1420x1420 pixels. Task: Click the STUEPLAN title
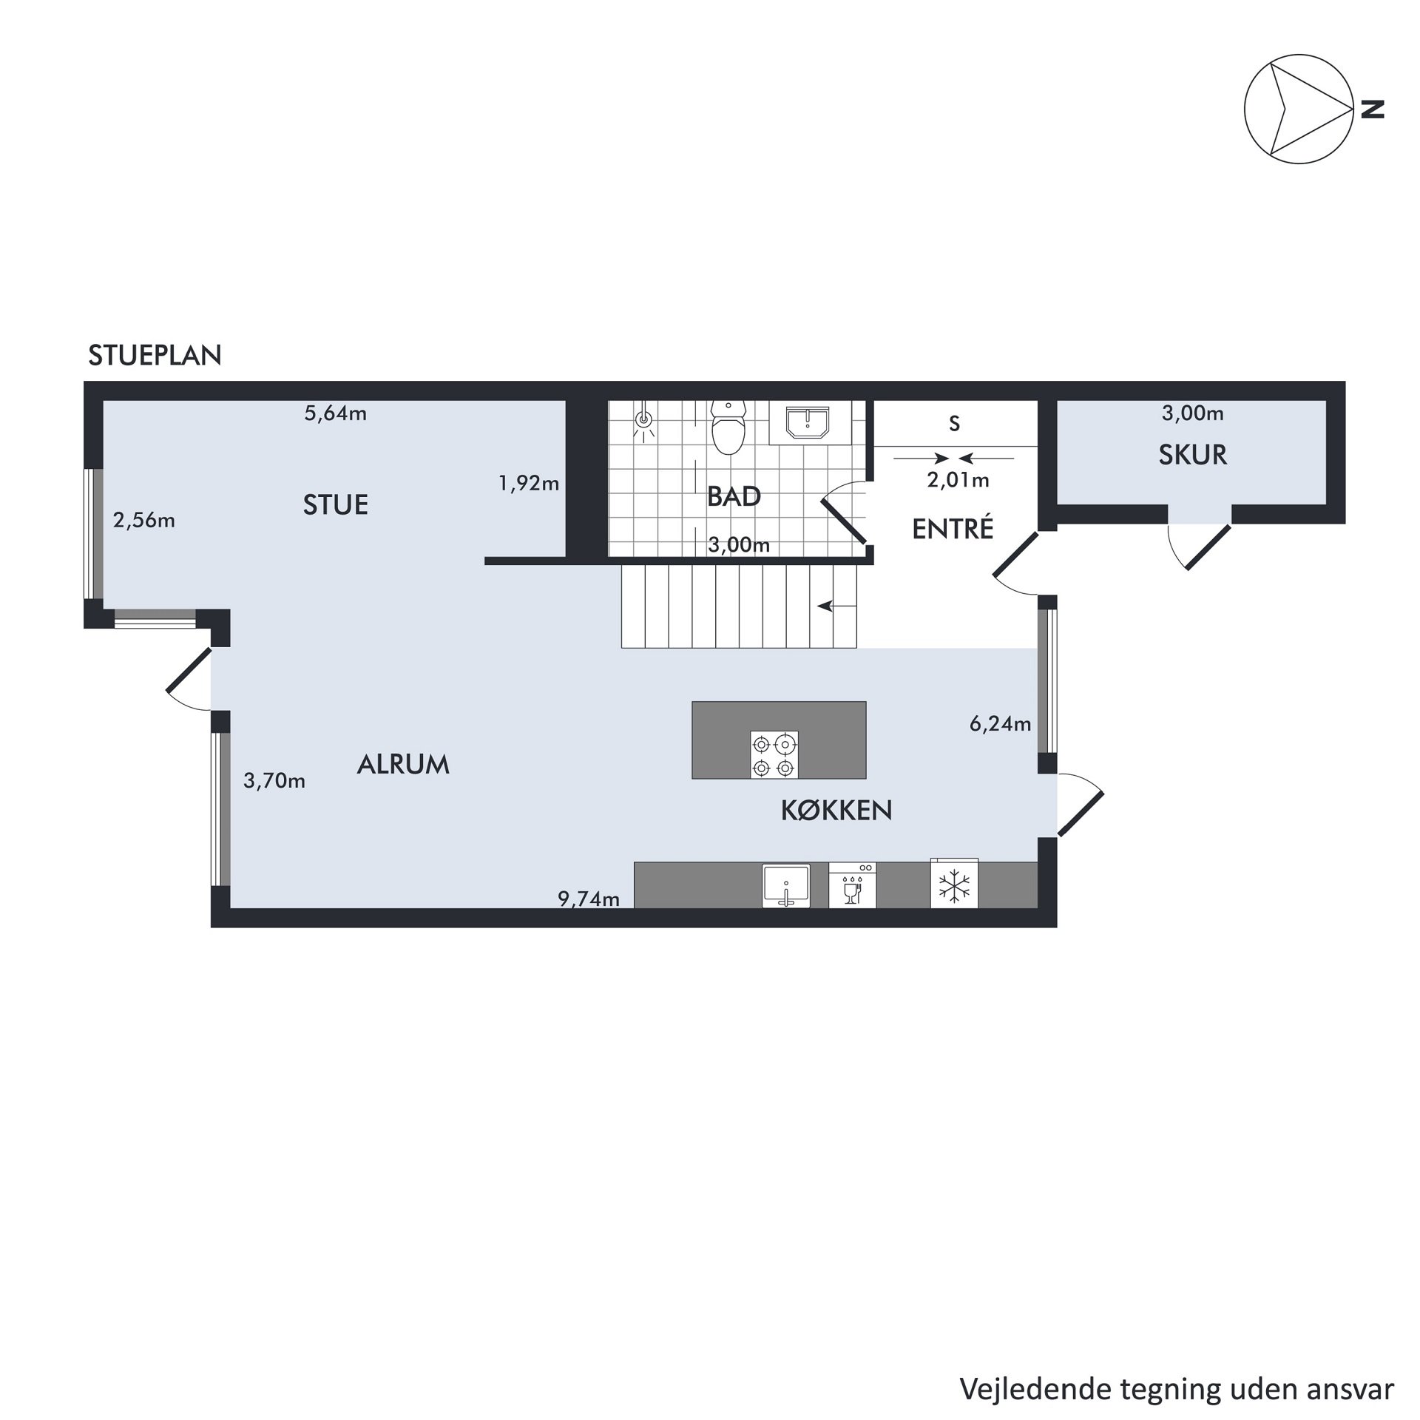pyautogui.click(x=155, y=356)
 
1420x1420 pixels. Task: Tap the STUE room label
pyautogui.click(x=336, y=505)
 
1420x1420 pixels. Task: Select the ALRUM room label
pyautogui.click(x=403, y=764)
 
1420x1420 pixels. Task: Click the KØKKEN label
pyautogui.click(x=836, y=811)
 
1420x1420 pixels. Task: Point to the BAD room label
pyautogui.click(x=734, y=496)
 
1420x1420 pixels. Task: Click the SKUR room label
pyautogui.click(x=1192, y=455)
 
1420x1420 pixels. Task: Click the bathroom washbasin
pyautogui.click(x=808, y=422)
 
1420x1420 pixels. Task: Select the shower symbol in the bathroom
pyautogui.click(x=645, y=422)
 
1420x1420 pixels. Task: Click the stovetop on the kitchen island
pyautogui.click(x=774, y=754)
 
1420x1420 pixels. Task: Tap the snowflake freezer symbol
pyautogui.click(x=954, y=885)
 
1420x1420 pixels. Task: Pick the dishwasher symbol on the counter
pyautogui.click(x=853, y=885)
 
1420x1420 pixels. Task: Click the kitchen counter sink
pyautogui.click(x=786, y=885)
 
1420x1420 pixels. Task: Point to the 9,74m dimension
pyautogui.click(x=589, y=899)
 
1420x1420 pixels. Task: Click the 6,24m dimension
pyautogui.click(x=1001, y=724)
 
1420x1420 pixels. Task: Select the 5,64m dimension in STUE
pyautogui.click(x=336, y=413)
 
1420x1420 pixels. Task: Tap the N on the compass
pyautogui.click(x=1373, y=109)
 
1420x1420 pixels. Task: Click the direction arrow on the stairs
pyautogui.click(x=836, y=606)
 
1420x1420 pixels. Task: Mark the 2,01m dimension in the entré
pyautogui.click(x=958, y=481)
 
